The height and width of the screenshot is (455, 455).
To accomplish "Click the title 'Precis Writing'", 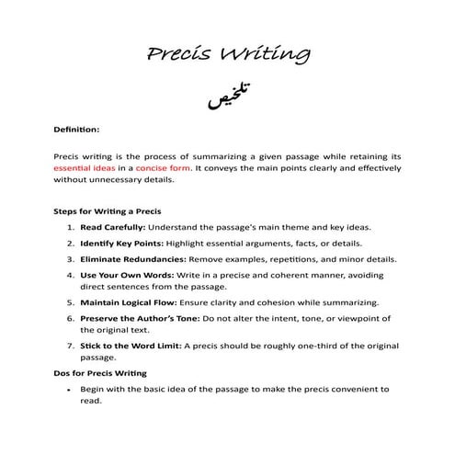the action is click(227, 55).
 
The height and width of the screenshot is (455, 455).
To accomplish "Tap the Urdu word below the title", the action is click(227, 98).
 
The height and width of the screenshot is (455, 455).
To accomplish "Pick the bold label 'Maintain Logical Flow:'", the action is click(126, 302).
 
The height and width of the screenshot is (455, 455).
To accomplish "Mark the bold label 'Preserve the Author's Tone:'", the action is click(138, 318).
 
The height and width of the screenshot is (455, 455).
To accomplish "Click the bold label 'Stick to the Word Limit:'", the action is click(131, 346).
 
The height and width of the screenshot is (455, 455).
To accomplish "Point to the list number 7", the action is click(71, 346).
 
